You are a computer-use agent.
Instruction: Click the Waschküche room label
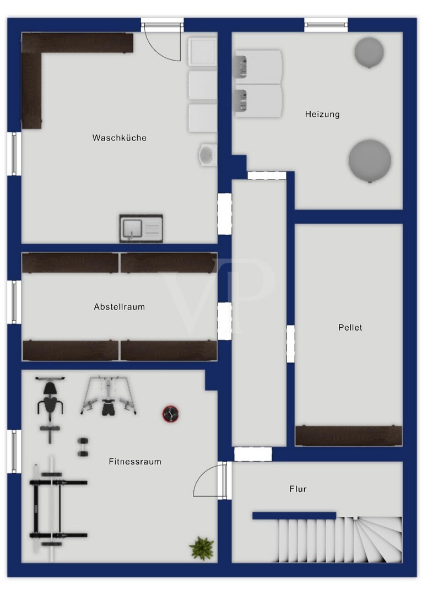119,138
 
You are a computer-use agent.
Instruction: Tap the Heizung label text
322,114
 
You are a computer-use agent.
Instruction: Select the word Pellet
350,327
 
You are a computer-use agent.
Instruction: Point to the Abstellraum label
119,307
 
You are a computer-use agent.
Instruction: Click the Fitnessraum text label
135,462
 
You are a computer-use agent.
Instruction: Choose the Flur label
298,489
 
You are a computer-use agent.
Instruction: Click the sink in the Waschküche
141,229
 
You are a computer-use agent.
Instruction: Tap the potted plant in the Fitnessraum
202,548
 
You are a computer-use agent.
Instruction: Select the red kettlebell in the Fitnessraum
171,414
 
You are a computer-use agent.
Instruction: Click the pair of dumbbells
83,447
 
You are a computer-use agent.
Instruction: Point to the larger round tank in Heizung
370,160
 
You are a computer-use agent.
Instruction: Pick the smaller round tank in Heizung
369,52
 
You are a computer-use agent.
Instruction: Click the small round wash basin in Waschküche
207,154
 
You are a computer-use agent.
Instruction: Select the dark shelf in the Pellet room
348,435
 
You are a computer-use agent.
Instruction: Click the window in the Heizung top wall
326,25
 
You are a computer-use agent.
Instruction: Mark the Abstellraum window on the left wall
14,302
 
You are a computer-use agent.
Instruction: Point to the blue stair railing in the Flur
294,516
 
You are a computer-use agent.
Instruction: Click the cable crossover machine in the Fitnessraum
108,396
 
